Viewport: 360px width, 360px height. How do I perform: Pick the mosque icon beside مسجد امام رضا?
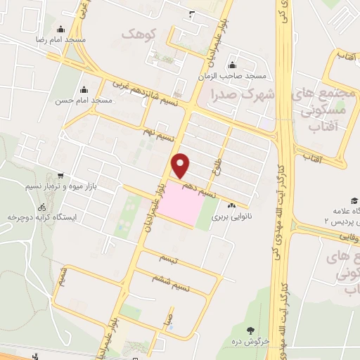(60, 30)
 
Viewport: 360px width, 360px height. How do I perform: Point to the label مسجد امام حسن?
(84, 101)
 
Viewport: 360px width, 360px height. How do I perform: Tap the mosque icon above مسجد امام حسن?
(84, 89)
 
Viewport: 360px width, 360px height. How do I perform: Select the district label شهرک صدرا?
(239, 93)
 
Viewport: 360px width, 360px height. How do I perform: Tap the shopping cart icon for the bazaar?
(61, 175)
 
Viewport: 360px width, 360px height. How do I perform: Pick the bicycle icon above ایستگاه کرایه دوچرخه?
(41, 208)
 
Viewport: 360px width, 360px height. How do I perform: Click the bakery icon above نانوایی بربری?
(232, 206)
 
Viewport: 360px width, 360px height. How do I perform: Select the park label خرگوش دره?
(251, 340)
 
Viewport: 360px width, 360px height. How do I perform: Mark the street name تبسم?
(169, 260)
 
